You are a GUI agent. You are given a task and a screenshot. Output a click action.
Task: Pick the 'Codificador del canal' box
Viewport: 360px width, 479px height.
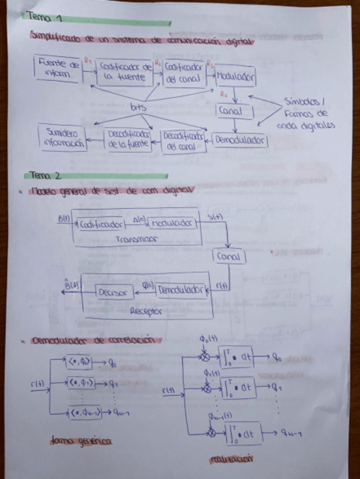(x=184, y=73)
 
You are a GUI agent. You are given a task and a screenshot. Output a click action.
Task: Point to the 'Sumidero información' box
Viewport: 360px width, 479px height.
(x=63, y=137)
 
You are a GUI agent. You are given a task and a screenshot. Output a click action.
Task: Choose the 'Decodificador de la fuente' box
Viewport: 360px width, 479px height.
(x=128, y=138)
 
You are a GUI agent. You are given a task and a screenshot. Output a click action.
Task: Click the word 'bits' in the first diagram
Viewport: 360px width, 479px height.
(x=138, y=106)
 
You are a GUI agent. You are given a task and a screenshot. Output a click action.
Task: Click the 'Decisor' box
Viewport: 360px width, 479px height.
(x=115, y=292)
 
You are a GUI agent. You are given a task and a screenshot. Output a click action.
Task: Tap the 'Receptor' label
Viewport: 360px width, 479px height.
(x=146, y=311)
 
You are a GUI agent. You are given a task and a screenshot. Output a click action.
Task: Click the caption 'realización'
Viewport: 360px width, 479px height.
(x=231, y=459)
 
